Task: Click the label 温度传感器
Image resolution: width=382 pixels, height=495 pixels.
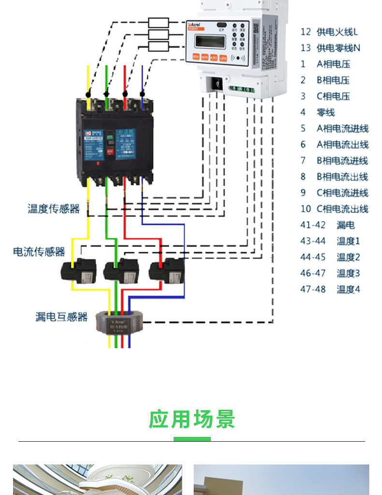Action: pos(54,209)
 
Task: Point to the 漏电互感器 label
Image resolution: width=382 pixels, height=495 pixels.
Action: pos(61,317)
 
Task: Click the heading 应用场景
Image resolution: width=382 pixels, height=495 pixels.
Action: pos(192,419)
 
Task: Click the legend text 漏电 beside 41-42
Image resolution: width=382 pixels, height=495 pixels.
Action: pos(345,225)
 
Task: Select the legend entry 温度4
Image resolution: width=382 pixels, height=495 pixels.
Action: pos(348,289)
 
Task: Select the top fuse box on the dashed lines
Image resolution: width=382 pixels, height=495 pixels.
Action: pos(159,22)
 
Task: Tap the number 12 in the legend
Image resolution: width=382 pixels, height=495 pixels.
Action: pos(305,32)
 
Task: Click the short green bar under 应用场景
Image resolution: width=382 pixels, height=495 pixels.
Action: pos(192,439)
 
